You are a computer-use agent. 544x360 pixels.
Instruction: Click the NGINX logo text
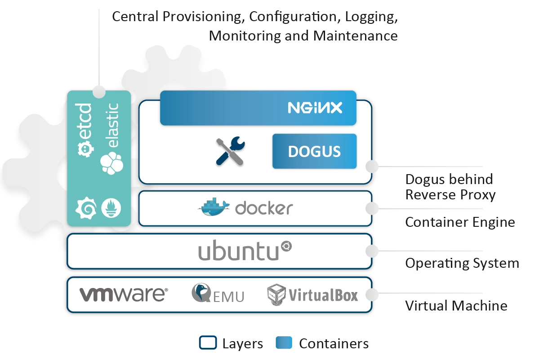[315, 108]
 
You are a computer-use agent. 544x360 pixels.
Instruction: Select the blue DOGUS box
[314, 151]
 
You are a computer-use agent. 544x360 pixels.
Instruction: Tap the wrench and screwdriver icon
[230, 151]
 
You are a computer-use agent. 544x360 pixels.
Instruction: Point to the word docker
[264, 208]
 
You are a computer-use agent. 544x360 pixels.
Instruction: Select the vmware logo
[124, 294]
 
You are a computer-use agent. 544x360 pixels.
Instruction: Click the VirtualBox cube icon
[276, 295]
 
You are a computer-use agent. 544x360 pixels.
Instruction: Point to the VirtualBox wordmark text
[323, 295]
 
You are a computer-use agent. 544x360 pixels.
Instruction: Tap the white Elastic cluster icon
[111, 162]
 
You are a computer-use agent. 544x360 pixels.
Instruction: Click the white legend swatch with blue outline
[208, 343]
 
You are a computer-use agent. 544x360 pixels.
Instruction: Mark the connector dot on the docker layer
[371, 209]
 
